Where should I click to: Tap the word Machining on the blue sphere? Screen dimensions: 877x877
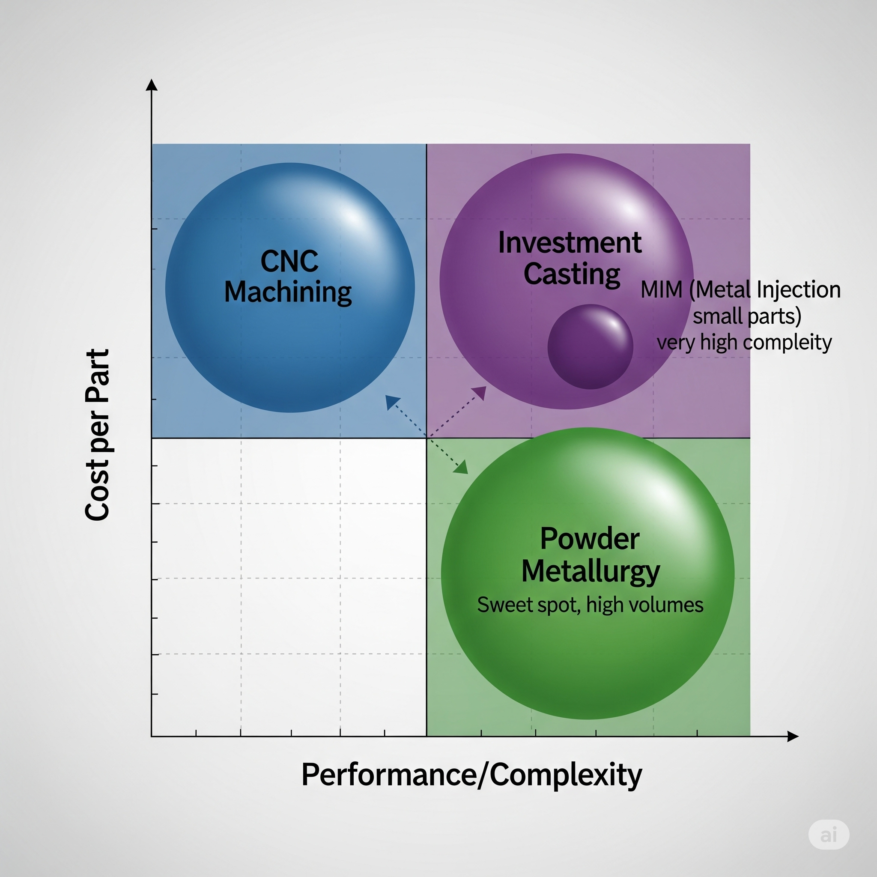[x=288, y=292]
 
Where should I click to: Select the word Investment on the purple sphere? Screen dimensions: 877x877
[x=570, y=242]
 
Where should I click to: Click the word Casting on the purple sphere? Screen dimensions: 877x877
[x=572, y=274]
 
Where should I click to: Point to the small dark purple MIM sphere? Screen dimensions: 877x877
[x=590, y=346]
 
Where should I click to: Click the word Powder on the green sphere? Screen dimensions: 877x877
[x=590, y=539]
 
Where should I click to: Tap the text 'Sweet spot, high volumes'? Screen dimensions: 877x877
[x=590, y=605]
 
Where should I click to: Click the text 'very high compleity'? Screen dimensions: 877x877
[x=744, y=342]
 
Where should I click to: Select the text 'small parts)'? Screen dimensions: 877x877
[x=747, y=316]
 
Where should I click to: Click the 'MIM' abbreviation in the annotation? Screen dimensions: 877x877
[x=661, y=289]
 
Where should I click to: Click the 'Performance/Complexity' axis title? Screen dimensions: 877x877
[x=471, y=774]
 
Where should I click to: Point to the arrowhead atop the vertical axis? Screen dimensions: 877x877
[x=152, y=85]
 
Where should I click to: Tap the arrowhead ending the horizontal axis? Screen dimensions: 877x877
[x=793, y=736]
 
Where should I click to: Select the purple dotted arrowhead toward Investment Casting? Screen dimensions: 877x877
[x=480, y=392]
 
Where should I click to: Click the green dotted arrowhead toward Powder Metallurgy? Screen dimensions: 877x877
[x=462, y=468]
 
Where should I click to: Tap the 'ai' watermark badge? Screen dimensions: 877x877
[x=829, y=835]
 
